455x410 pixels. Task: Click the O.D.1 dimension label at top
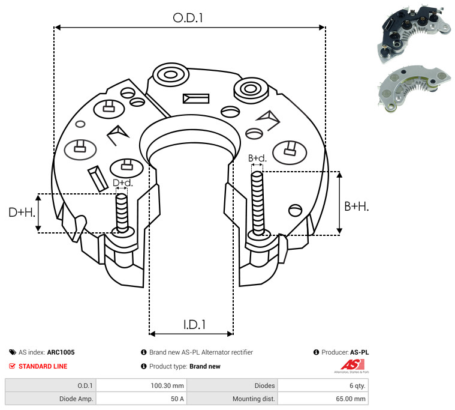[x=188, y=18]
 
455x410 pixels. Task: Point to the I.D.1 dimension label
[x=194, y=325]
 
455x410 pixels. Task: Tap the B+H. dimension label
[x=356, y=206]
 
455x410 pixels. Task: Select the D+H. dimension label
[x=22, y=212]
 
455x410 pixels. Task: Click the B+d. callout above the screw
[x=257, y=158]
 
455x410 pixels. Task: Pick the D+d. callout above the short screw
[x=122, y=182]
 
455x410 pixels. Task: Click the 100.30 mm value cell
[x=170, y=386]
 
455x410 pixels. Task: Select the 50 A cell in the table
[x=177, y=398]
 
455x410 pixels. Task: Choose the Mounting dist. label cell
[x=254, y=398]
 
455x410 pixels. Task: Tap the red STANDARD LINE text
[x=43, y=366]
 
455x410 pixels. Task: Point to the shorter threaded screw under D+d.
[x=122, y=213]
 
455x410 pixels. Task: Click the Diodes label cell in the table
[x=264, y=386]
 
